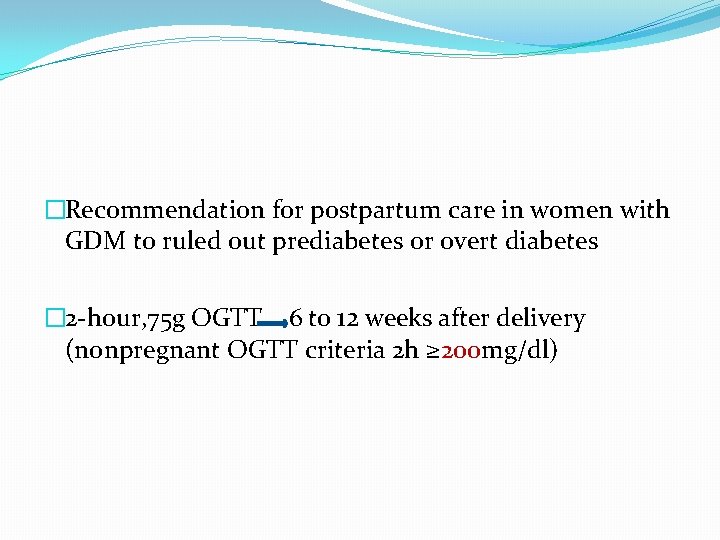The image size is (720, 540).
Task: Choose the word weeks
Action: pos(398,320)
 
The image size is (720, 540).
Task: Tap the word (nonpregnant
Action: pos(143,352)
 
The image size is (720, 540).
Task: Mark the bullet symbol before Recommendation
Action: pos(55,211)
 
